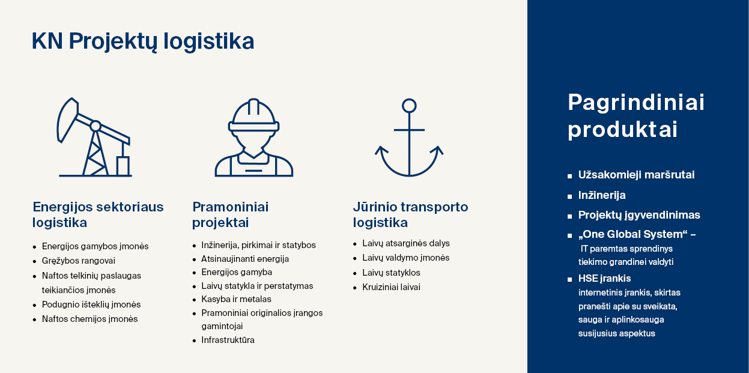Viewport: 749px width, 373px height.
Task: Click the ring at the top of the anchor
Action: pyautogui.click(x=409, y=106)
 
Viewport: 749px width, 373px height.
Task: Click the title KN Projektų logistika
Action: pyautogui.click(x=143, y=41)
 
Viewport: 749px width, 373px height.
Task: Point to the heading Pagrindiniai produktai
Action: pyautogui.click(x=636, y=116)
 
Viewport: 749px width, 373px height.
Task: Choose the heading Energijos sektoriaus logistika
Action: pyautogui.click(x=98, y=214)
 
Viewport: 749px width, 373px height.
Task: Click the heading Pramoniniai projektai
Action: pyautogui.click(x=231, y=214)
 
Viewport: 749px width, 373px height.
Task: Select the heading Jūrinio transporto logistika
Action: pyautogui.click(x=411, y=214)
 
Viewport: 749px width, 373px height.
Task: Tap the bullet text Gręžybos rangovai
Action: pyautogui.click(x=79, y=261)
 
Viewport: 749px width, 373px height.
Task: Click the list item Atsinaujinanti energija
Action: pyautogui.click(x=245, y=259)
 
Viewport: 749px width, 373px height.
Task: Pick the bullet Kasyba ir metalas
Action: pyautogui.click(x=237, y=299)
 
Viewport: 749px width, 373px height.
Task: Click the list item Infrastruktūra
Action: pyautogui.click(x=228, y=340)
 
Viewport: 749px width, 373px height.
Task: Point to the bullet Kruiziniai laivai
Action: pyautogui.click(x=391, y=287)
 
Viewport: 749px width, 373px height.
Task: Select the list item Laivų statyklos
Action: pyautogui.click(x=391, y=273)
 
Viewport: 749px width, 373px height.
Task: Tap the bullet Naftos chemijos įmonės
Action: pyautogui.click(x=89, y=319)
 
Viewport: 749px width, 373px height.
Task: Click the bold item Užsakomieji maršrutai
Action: pyautogui.click(x=636, y=175)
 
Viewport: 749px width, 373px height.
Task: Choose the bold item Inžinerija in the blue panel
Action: pyautogui.click(x=602, y=195)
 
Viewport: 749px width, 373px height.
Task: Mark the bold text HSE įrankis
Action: pyautogui.click(x=605, y=279)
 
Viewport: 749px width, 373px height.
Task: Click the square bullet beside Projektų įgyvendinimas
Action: pyautogui.click(x=570, y=217)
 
